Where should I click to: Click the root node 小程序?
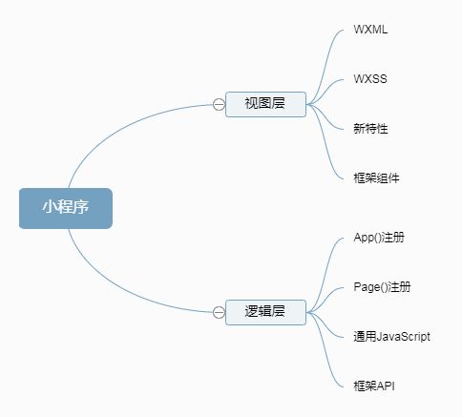click(66, 208)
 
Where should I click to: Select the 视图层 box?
click(265, 104)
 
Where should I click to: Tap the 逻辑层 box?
click(265, 312)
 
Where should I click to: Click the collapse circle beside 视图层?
click(219, 104)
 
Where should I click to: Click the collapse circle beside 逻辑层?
click(219, 312)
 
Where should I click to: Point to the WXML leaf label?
click(370, 30)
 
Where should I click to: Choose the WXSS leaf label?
click(370, 79)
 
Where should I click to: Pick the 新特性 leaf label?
click(370, 129)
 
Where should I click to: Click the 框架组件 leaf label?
click(376, 178)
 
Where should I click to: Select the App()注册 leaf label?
click(379, 238)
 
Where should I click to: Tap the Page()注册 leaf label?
click(382, 287)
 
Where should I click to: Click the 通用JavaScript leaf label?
click(391, 337)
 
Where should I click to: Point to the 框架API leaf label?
click(374, 386)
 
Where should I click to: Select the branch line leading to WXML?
click(325, 64)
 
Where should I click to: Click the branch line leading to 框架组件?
click(325, 144)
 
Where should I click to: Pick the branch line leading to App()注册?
click(325, 274)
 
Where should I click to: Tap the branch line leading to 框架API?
click(325, 351)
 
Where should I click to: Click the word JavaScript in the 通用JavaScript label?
click(403, 337)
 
